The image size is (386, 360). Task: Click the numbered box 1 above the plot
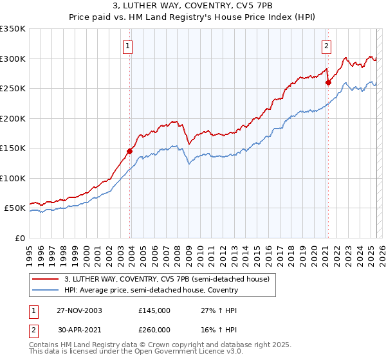(x=129, y=46)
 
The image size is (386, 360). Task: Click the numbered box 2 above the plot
(x=327, y=46)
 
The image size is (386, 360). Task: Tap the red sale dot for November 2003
(x=130, y=152)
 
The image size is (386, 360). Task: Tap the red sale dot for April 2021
(x=328, y=82)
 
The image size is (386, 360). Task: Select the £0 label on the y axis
(x=19, y=238)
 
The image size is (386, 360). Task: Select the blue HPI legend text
(x=151, y=290)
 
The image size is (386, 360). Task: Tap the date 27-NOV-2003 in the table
(x=79, y=310)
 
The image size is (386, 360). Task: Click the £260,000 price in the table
(x=154, y=329)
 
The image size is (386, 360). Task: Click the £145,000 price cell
(x=154, y=310)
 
